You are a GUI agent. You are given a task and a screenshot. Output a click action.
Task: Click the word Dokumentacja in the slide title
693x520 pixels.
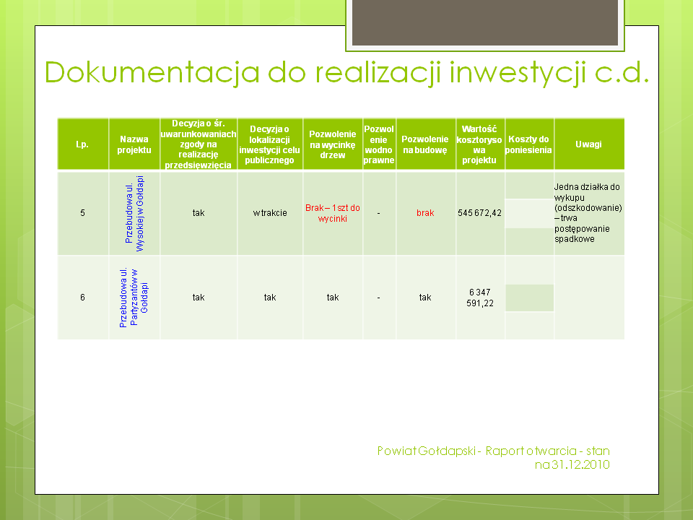tap(152, 72)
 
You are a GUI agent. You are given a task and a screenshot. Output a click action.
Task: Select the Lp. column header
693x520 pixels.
tap(82, 144)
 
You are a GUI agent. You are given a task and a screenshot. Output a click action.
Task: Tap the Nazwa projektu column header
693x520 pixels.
tap(134, 144)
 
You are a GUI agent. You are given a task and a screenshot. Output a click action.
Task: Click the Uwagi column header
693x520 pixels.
tap(588, 144)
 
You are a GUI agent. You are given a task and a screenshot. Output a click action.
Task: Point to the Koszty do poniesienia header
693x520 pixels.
tap(528, 144)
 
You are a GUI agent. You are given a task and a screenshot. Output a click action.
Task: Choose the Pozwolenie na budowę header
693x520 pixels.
tap(424, 144)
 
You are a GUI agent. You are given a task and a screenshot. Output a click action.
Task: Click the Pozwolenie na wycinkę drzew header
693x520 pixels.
tap(332, 144)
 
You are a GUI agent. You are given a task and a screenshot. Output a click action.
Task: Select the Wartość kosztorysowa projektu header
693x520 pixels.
tap(479, 144)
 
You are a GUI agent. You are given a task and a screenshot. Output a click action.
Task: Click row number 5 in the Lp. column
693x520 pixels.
tap(82, 213)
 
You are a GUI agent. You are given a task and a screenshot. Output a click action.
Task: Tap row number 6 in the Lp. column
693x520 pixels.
tap(82, 298)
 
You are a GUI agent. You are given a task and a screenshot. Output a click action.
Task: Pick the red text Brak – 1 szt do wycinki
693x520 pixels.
tap(332, 213)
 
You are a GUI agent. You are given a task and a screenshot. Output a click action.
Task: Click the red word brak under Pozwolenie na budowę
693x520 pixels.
tap(425, 213)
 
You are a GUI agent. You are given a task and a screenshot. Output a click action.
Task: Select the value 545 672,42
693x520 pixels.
tap(479, 213)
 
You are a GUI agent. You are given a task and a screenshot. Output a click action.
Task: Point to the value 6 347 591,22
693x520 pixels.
tap(480, 298)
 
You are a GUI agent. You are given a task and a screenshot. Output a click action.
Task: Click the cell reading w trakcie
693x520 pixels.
tap(270, 213)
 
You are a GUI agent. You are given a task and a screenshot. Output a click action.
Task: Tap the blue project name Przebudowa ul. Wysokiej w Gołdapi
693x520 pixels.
tap(134, 214)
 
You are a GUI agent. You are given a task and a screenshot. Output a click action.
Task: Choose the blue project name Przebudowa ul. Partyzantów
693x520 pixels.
tap(134, 298)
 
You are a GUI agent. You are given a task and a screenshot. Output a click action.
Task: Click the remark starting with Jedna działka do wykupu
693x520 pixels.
tap(588, 213)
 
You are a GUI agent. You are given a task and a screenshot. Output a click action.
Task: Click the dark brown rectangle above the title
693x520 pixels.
tap(485, 22)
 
